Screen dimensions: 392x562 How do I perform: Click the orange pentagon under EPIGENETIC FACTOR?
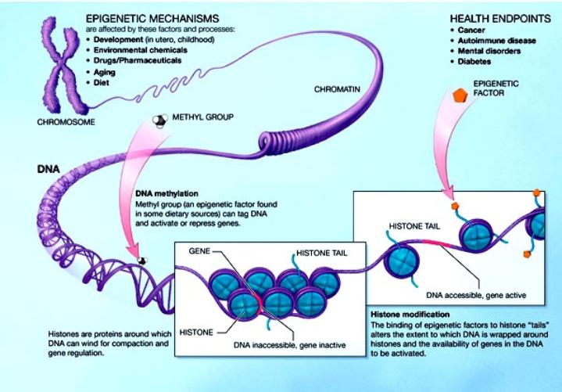click(463, 96)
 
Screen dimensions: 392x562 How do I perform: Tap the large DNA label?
click(45, 169)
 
